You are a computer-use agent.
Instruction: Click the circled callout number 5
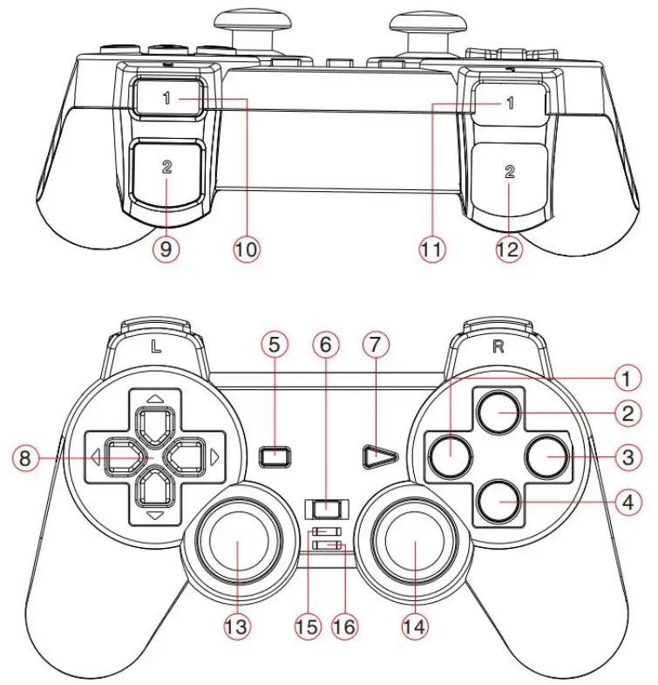274,345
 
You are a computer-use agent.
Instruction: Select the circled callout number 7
376,345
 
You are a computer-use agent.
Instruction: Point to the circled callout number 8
25,456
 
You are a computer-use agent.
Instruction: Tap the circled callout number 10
247,249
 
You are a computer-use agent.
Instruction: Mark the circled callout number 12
508,250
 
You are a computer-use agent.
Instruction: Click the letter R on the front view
499,345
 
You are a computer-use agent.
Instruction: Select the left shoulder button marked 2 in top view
166,171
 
